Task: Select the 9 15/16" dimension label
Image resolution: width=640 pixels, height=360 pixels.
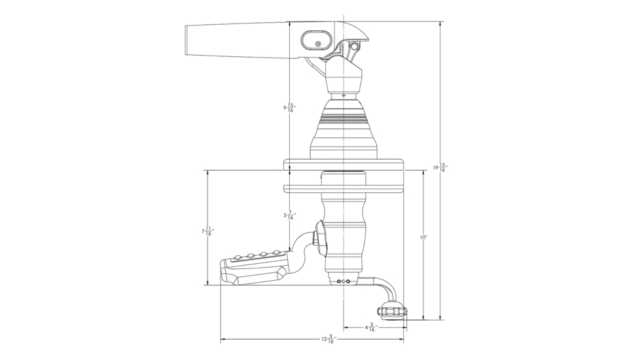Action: tap(288, 108)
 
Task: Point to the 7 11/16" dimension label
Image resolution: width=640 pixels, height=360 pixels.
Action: tap(207, 231)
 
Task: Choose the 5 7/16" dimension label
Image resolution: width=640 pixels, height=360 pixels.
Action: tap(288, 215)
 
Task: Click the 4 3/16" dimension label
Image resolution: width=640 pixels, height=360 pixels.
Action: tap(371, 327)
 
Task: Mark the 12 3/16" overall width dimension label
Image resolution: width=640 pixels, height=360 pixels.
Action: tap(327, 339)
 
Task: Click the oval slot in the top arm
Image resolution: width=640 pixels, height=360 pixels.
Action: tap(317, 43)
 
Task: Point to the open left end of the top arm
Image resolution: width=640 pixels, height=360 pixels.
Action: tap(188, 40)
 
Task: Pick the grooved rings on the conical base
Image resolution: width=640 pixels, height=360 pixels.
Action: tap(344, 120)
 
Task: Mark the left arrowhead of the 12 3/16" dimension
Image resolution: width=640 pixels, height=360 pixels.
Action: tap(222, 339)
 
